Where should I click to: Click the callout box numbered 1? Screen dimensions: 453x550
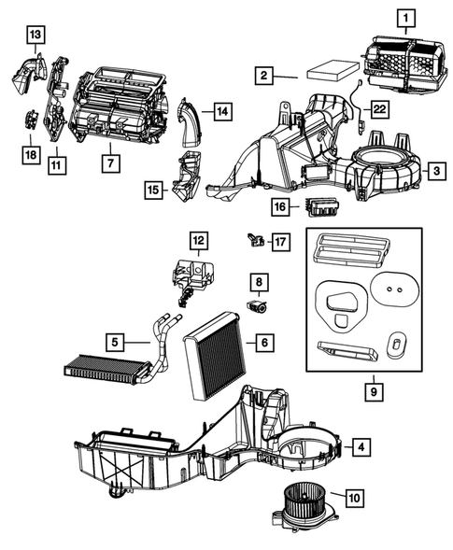(x=406, y=18)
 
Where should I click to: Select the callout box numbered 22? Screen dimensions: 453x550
(x=379, y=109)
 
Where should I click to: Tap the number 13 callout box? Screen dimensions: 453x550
(x=35, y=35)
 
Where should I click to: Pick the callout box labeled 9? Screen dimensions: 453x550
(x=374, y=391)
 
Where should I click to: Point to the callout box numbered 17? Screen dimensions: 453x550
(x=281, y=242)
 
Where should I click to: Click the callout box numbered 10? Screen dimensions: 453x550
(x=355, y=498)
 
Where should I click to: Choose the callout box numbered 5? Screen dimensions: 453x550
(x=115, y=342)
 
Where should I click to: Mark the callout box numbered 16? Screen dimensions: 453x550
(x=280, y=206)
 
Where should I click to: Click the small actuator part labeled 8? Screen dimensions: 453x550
(x=257, y=306)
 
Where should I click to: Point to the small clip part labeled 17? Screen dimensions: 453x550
(x=255, y=240)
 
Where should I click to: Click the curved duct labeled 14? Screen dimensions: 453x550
(x=191, y=122)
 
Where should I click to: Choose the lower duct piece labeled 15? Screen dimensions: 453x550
(x=187, y=176)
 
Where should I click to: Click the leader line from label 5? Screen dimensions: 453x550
(x=137, y=342)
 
